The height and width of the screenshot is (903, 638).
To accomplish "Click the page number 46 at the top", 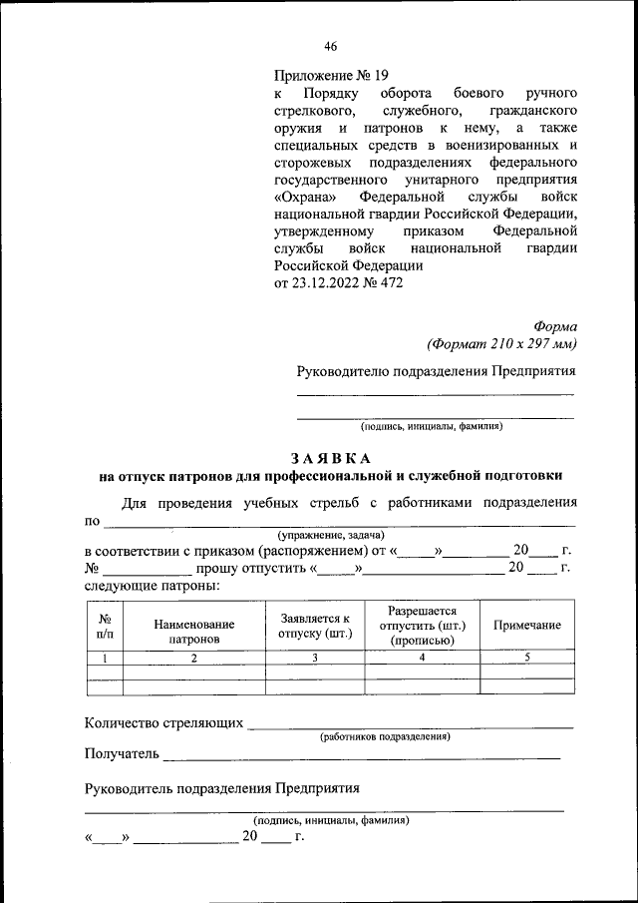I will click(330, 46).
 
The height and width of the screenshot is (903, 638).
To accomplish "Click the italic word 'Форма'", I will click(555, 326).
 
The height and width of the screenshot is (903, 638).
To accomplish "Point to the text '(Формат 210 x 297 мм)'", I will click(502, 344).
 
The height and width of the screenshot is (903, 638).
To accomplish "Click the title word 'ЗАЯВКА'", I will click(331, 458).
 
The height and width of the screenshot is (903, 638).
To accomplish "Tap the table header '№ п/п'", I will click(105, 626).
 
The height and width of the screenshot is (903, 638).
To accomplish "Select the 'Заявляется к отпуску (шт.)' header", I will click(315, 626).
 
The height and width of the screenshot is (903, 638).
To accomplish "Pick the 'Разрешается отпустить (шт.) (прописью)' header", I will click(423, 626).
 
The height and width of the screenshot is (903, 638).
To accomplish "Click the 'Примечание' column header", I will click(527, 625).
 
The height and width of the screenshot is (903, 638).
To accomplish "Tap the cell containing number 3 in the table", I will click(315, 658).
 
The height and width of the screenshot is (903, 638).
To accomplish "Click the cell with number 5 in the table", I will click(527, 658).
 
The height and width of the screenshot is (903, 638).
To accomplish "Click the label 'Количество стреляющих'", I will click(164, 722).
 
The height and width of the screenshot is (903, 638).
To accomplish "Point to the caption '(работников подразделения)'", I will click(385, 736).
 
